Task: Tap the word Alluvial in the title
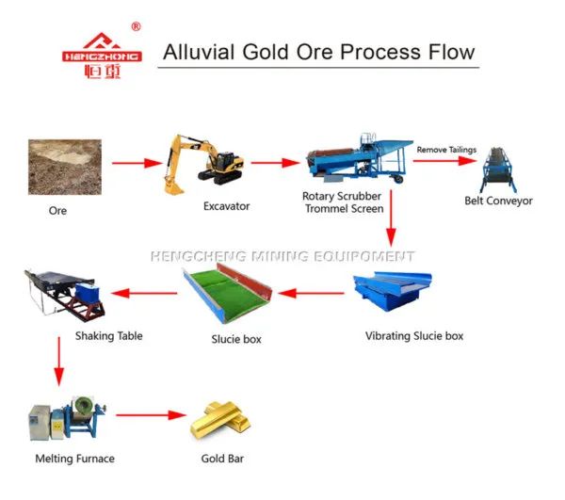(x=199, y=52)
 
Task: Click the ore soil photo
(x=65, y=168)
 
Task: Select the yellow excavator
(x=202, y=164)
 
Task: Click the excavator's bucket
(x=172, y=186)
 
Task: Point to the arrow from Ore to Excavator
(x=137, y=163)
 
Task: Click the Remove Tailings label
(x=446, y=150)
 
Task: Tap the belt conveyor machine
(x=498, y=169)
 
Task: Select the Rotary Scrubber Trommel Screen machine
(x=360, y=158)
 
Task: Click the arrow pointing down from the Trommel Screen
(x=391, y=218)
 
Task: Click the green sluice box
(x=227, y=293)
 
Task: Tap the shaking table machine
(x=64, y=295)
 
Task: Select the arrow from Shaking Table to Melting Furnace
(x=59, y=362)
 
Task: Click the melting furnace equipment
(x=68, y=418)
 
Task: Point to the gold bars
(x=220, y=420)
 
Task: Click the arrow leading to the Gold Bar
(x=151, y=415)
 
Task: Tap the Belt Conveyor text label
(x=498, y=201)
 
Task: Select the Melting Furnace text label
(x=75, y=459)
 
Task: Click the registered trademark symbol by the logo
(x=136, y=26)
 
